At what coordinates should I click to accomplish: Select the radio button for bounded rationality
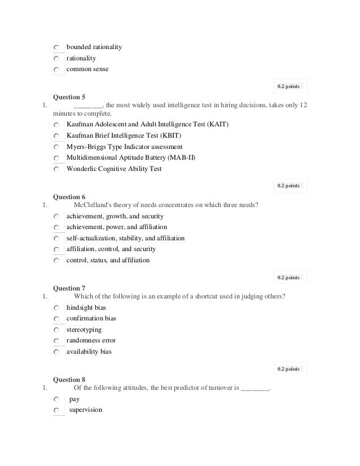click(58, 47)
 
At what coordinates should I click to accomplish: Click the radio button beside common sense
click(58, 70)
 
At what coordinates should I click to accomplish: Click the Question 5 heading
click(69, 96)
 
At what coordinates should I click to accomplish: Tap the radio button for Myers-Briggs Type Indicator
click(58, 147)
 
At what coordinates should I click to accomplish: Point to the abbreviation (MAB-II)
click(181, 157)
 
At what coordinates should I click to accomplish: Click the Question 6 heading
click(69, 197)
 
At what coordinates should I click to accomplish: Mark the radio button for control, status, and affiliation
click(58, 261)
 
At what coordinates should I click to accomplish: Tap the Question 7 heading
click(69, 288)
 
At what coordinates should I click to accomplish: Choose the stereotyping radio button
click(58, 330)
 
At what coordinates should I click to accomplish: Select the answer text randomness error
click(91, 340)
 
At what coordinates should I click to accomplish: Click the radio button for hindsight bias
click(58, 308)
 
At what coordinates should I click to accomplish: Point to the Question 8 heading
click(69, 380)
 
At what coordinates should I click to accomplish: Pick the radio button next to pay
click(58, 399)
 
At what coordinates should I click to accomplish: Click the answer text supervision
click(85, 410)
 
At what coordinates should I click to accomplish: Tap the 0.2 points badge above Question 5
click(289, 86)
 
